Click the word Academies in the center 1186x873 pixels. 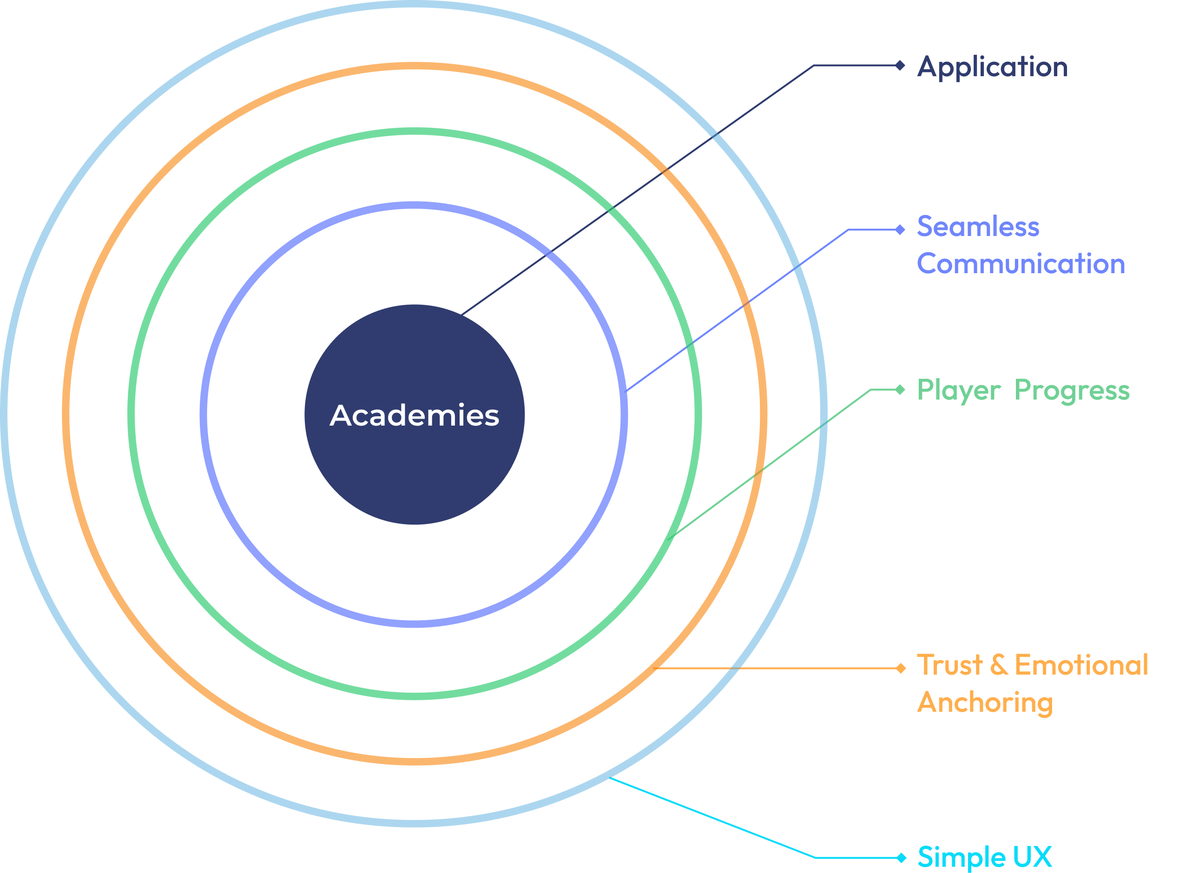[x=415, y=415]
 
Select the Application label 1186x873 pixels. [x=992, y=67]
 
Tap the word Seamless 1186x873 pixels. [x=978, y=227]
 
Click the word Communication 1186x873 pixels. [x=1021, y=264]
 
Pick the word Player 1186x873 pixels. [x=958, y=391]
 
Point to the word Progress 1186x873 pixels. [x=1072, y=391]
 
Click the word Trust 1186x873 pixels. [x=950, y=665]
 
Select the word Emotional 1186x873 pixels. [x=1081, y=665]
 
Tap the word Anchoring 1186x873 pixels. [x=985, y=703]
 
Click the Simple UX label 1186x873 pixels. [x=985, y=857]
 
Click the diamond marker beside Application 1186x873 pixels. [x=900, y=66]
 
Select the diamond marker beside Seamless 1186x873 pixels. [x=900, y=230]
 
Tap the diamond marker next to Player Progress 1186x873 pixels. [x=900, y=390]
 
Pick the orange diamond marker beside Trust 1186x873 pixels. [x=901, y=669]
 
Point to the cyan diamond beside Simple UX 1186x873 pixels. [x=901, y=858]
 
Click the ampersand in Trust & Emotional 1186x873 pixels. [x=998, y=665]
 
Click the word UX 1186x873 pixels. [x=1033, y=857]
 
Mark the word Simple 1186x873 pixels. [x=962, y=857]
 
